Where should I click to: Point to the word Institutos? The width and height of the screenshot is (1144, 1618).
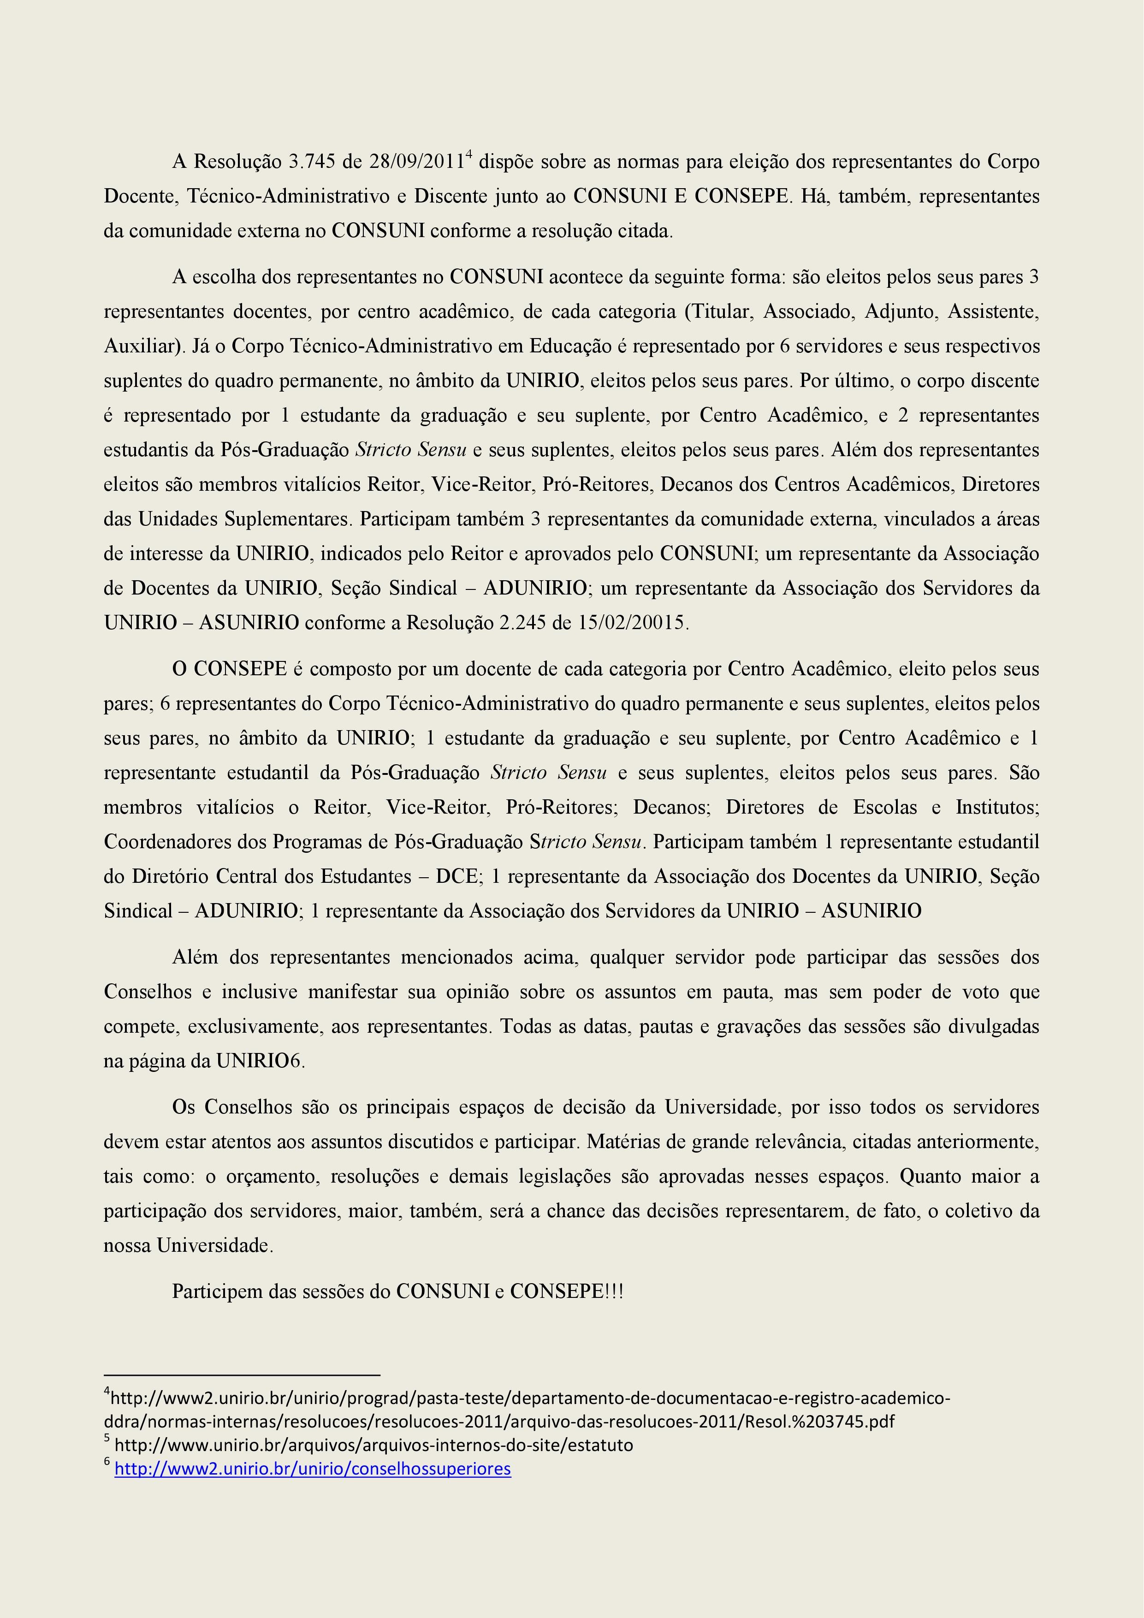coord(996,807)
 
